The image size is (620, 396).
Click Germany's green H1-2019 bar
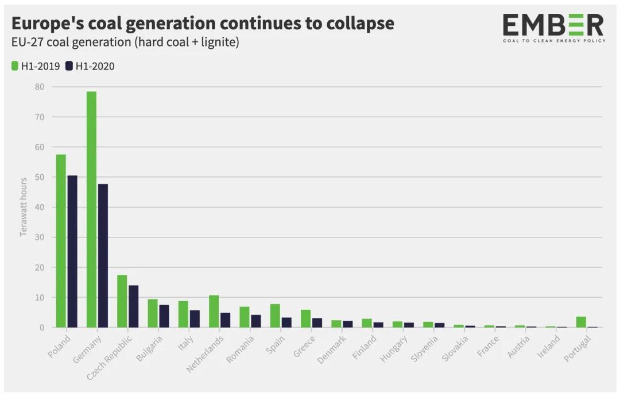(x=91, y=210)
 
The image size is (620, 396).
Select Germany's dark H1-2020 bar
(x=103, y=256)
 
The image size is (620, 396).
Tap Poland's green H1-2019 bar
(x=61, y=241)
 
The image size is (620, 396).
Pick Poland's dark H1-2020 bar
(x=72, y=252)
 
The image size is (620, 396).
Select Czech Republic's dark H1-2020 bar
(x=133, y=306)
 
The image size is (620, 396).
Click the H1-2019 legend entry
(x=36, y=66)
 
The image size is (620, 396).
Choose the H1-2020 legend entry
(x=90, y=66)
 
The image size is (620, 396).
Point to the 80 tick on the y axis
(x=40, y=87)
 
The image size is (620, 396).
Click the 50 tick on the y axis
(x=40, y=177)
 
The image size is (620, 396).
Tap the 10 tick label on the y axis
(x=40, y=297)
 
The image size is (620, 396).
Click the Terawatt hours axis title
(x=24, y=207)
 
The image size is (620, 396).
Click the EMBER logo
(x=553, y=28)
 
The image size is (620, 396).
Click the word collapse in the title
(x=355, y=24)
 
